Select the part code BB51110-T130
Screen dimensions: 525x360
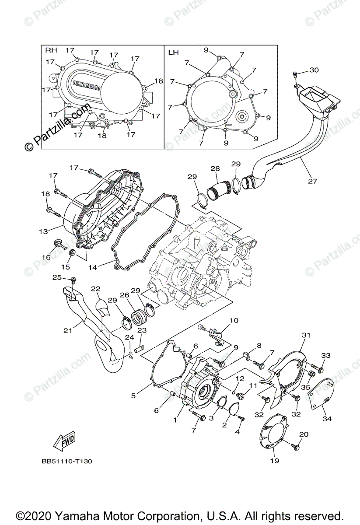[67, 461]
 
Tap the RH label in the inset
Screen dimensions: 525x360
[51, 51]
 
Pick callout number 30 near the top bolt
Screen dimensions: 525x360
[314, 70]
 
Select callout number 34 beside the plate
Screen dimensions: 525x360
[326, 419]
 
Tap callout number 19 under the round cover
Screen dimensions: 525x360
[274, 461]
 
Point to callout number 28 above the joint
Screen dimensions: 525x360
[215, 168]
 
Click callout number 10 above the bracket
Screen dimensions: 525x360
[234, 321]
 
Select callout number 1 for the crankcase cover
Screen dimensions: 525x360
[175, 420]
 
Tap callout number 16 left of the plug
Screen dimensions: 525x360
[46, 258]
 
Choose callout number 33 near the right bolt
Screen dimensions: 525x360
[326, 355]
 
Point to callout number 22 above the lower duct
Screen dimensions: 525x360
[96, 288]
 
